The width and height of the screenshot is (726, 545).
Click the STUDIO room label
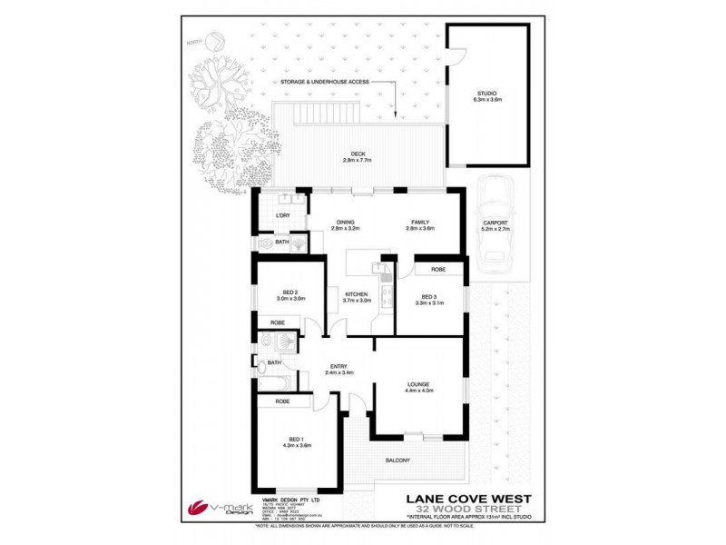click(488, 94)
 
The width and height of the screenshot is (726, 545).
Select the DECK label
click(358, 154)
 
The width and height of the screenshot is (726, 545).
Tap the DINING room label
click(345, 222)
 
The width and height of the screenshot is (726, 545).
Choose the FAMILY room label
click(420, 222)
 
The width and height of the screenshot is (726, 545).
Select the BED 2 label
click(284, 292)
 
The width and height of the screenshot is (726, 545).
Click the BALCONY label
click(423, 461)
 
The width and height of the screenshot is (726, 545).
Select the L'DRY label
click(282, 215)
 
